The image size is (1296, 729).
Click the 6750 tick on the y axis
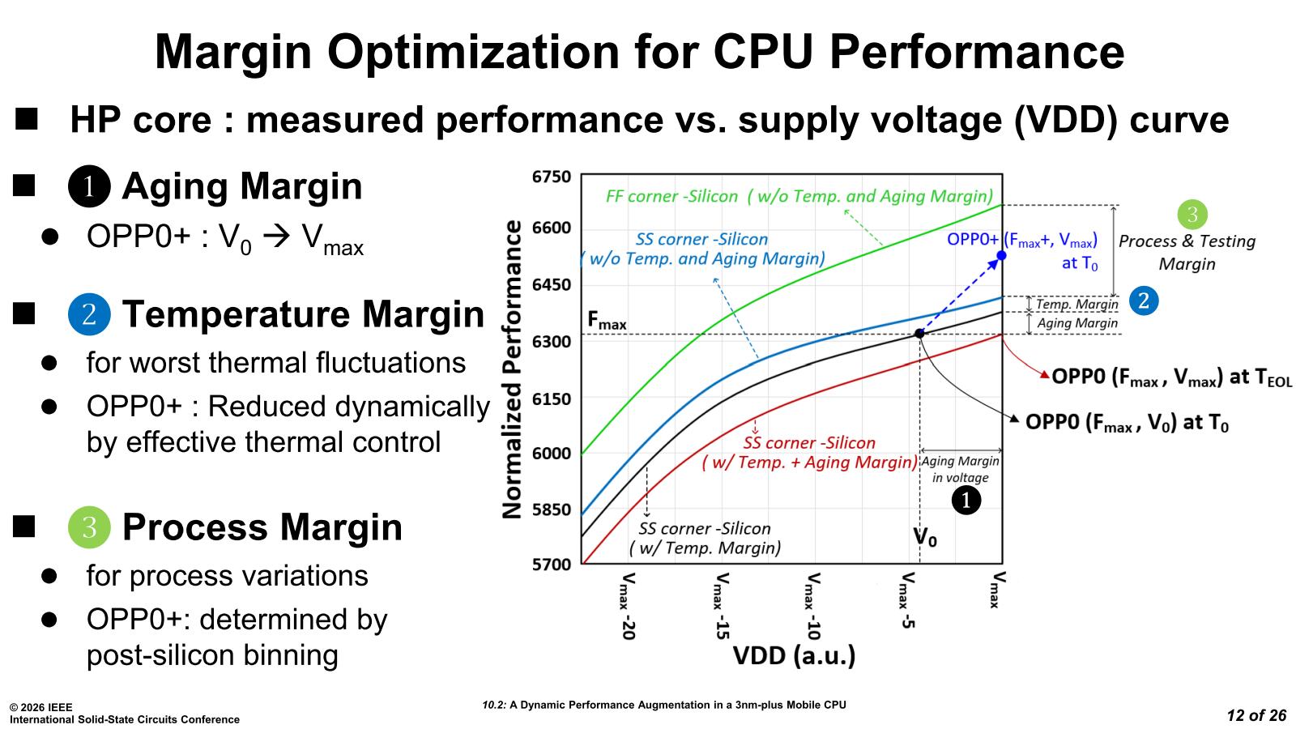coord(552,177)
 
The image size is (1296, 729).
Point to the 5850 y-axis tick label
coord(552,510)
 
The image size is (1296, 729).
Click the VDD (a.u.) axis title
coord(794,655)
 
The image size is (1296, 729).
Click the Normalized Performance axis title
coord(513,369)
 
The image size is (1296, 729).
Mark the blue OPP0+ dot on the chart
coord(1002,256)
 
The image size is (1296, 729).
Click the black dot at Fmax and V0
coord(919,334)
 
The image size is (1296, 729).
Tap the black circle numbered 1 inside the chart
coord(966,501)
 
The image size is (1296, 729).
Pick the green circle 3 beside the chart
coord(1192,215)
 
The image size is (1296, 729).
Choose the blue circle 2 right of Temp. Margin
coord(1144,301)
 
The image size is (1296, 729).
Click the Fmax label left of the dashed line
coord(607,322)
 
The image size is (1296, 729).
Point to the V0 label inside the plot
coord(925,537)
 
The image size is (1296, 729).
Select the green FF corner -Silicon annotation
coord(799,196)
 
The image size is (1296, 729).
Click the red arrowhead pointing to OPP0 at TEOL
coord(1044,375)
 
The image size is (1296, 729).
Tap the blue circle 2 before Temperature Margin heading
coord(89,314)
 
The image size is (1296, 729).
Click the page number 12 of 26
coord(1256,715)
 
